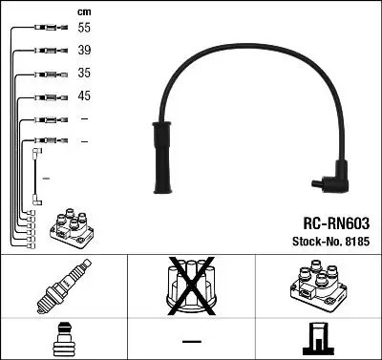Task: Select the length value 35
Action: click(84, 74)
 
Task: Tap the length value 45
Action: click(84, 96)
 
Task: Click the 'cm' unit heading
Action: click(83, 11)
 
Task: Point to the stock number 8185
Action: click(355, 241)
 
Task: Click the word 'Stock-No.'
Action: click(311, 241)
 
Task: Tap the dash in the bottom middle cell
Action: click(191, 341)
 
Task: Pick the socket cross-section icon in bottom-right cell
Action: click(317, 339)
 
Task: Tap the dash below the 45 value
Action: click(84, 119)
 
